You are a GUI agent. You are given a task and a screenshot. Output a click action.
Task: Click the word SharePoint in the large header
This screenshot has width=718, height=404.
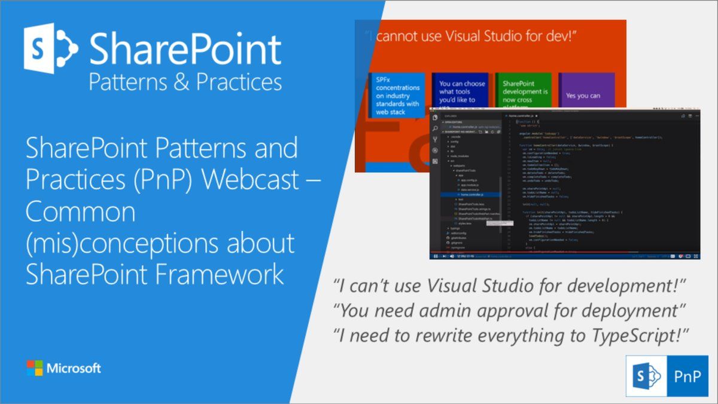pyautogui.click(x=185, y=50)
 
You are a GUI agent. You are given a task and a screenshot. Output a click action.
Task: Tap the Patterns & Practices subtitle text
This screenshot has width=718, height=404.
pyautogui.click(x=185, y=82)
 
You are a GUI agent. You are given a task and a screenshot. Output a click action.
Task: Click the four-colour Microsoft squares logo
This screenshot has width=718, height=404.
pyautogui.click(x=35, y=368)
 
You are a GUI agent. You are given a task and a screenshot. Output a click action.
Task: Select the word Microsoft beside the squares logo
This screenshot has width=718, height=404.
pyautogui.click(x=74, y=368)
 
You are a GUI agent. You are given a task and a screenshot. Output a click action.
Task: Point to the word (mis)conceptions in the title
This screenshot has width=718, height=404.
pyautogui.click(x=160, y=243)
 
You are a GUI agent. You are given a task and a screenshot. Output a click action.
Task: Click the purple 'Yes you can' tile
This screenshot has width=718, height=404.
pyautogui.click(x=586, y=96)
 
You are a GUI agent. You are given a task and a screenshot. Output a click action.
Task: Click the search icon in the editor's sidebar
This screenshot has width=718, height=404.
pyautogui.click(x=435, y=127)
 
